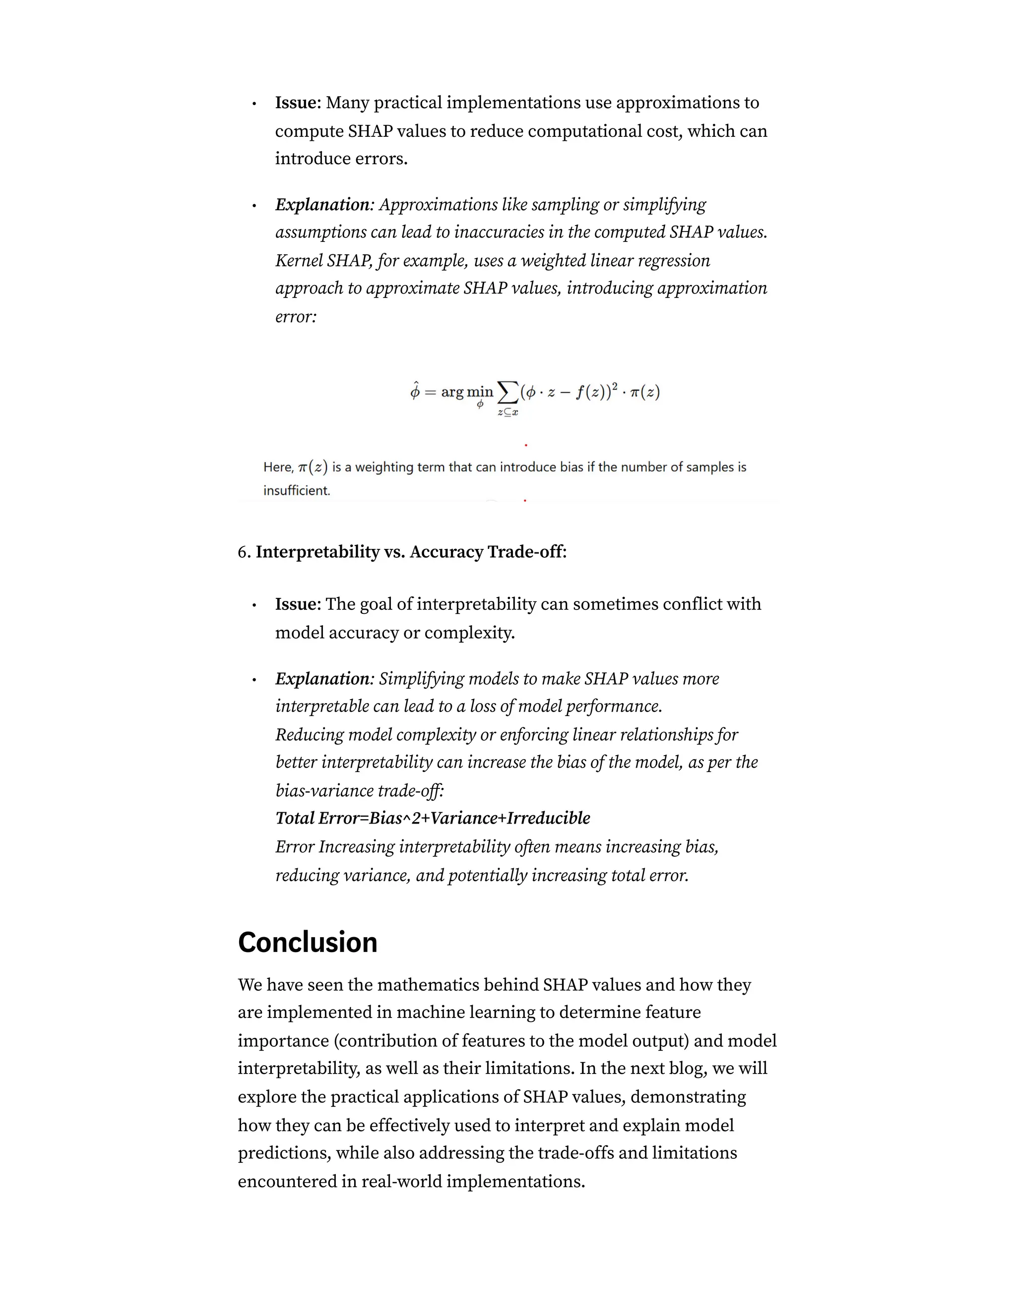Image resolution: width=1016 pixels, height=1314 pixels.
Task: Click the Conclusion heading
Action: tap(307, 942)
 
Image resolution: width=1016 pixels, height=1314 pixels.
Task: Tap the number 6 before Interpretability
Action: tap(243, 552)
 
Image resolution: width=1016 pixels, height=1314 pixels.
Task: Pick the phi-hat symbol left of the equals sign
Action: tap(415, 392)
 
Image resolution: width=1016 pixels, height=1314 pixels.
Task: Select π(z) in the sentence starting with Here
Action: tap(313, 467)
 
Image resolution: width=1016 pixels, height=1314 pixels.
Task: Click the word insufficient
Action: tap(297, 490)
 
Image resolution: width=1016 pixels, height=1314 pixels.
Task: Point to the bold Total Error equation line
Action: tap(433, 818)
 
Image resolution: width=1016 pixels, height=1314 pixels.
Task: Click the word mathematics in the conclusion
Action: tap(427, 985)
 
